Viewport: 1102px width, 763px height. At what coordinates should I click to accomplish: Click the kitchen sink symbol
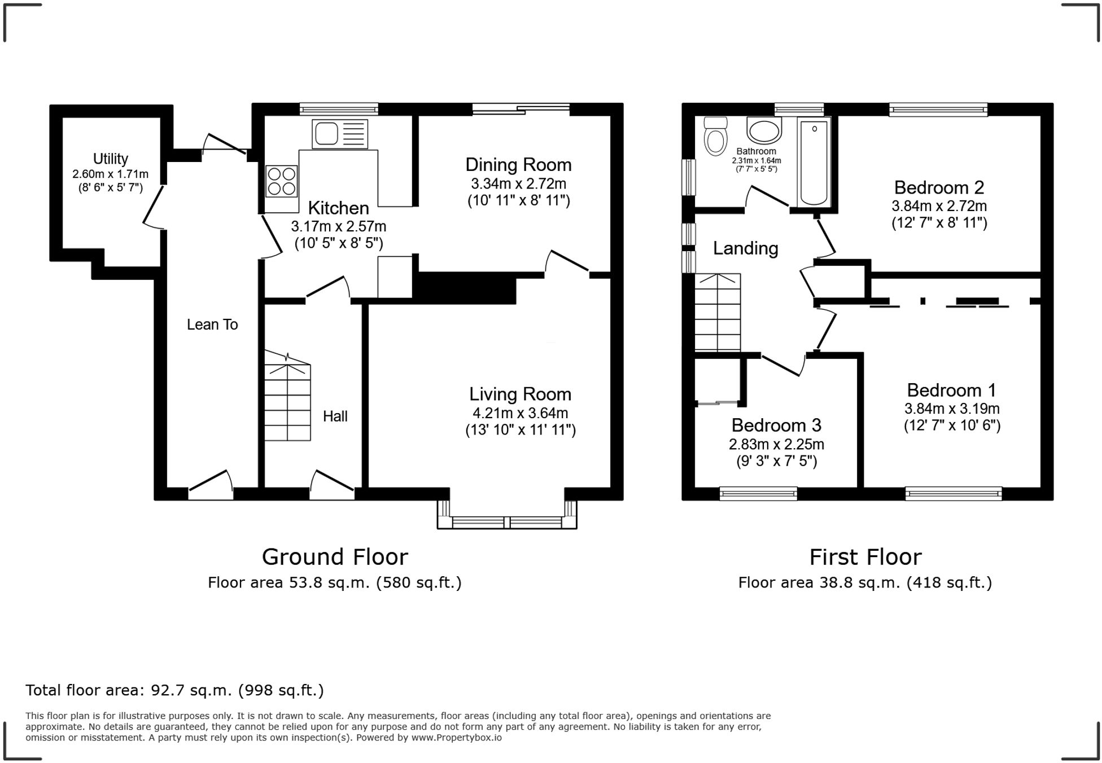[x=339, y=134]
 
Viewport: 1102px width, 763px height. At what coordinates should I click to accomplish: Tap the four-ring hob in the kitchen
[x=281, y=181]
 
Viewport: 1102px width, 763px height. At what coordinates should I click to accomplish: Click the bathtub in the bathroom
[x=814, y=162]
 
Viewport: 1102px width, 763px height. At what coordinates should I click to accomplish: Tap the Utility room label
[x=111, y=159]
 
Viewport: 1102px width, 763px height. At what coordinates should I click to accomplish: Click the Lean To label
[x=212, y=325]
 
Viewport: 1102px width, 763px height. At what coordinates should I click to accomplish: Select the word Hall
[x=335, y=416]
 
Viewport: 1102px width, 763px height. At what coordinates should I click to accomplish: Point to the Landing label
[x=745, y=248]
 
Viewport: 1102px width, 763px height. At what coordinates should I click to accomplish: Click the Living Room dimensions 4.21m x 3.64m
[x=521, y=413]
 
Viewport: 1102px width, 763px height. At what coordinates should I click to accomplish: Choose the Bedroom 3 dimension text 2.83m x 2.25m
[x=776, y=444]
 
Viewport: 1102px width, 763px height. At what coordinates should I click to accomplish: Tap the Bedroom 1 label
[x=951, y=390]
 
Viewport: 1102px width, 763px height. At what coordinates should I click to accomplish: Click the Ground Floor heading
[x=335, y=557]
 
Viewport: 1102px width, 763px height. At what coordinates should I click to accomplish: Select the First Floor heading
[x=865, y=557]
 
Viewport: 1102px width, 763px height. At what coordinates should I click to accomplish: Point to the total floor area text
[x=174, y=690]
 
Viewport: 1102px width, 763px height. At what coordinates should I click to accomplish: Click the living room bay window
[x=507, y=515]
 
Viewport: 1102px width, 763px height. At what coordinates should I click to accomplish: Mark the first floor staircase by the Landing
[x=718, y=312]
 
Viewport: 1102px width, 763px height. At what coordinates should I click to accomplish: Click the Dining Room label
[x=518, y=165]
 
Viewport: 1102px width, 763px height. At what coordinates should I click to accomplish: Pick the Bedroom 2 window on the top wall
[x=938, y=109]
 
